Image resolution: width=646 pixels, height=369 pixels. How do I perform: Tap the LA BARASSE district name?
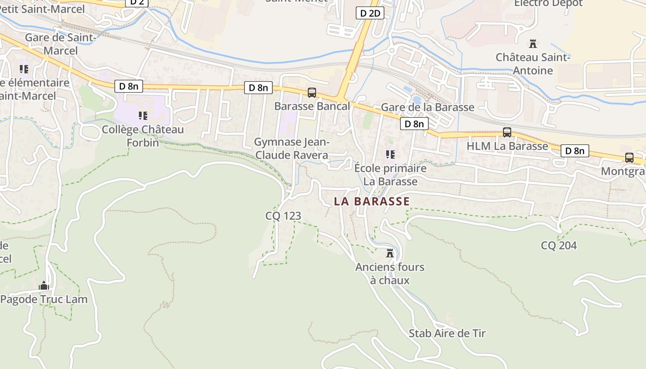click(x=371, y=201)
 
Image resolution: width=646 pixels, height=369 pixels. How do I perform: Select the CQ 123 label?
click(x=283, y=215)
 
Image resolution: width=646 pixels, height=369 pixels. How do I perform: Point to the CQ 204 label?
click(x=559, y=245)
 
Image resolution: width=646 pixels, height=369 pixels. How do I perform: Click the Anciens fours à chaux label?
click(x=390, y=274)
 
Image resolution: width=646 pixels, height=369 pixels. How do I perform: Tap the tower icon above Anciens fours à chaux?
click(x=390, y=253)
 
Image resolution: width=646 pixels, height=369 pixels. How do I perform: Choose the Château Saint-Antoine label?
click(x=533, y=64)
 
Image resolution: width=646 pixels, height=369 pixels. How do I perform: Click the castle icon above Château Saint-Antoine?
click(x=533, y=44)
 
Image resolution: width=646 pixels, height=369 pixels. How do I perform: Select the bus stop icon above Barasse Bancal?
click(x=312, y=93)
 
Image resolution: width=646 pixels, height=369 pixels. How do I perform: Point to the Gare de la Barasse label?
click(x=427, y=107)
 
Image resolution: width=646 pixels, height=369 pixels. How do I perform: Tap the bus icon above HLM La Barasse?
click(x=507, y=132)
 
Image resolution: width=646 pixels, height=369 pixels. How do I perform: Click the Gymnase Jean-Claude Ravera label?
click(x=292, y=149)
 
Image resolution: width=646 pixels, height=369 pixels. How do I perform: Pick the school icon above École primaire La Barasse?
click(x=390, y=154)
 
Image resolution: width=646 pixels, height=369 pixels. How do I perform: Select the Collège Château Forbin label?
click(x=143, y=136)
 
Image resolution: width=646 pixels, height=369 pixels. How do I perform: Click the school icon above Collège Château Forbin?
click(x=143, y=115)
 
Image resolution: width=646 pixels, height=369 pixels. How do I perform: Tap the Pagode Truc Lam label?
click(x=44, y=299)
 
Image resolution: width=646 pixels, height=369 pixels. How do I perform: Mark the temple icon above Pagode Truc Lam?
click(x=44, y=286)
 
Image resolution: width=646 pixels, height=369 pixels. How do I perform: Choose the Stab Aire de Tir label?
click(x=447, y=333)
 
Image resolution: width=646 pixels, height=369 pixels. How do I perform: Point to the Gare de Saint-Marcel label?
click(x=60, y=44)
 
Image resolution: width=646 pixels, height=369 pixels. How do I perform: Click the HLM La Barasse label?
click(x=507, y=146)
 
